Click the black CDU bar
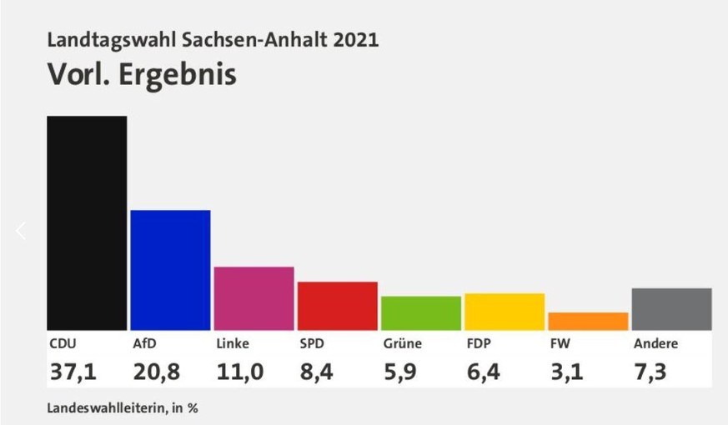[87, 222]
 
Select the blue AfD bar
[170, 269]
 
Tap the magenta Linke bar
[254, 297]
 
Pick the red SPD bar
[337, 305]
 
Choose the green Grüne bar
[420, 312]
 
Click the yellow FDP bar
[504, 311]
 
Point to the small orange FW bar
[587, 321]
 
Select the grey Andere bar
[670, 308]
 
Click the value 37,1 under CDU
[73, 372]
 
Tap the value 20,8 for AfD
[156, 372]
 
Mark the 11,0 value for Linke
[239, 372]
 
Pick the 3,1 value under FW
[567, 372]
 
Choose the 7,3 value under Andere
[650, 372]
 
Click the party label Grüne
[402, 343]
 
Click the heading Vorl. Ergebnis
[142, 75]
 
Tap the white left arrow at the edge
[21, 231]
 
